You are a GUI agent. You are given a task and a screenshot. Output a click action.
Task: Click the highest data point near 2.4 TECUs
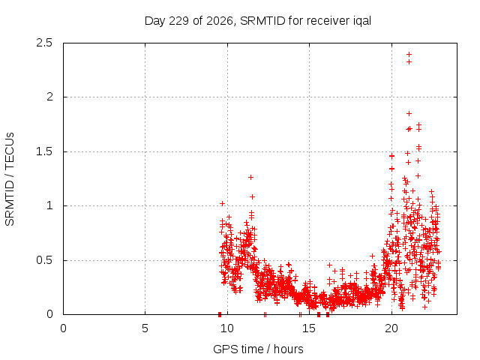coord(409,55)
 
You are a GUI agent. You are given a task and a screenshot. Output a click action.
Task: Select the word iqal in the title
coord(361,22)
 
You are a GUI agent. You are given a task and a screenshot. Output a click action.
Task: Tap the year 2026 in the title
coord(220,21)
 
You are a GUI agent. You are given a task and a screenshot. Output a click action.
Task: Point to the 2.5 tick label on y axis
coord(44,43)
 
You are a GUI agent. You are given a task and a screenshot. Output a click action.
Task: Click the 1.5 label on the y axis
coord(44,151)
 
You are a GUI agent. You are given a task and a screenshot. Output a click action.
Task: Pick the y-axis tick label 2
coord(49,97)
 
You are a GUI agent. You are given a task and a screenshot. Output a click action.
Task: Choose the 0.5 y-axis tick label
coord(44,260)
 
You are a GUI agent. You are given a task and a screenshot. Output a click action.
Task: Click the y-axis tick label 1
coord(49,205)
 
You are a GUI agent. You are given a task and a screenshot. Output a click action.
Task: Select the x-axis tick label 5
coord(145,328)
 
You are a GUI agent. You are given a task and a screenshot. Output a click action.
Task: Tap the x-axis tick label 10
coord(227,328)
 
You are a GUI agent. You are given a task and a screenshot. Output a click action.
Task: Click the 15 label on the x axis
coord(309,328)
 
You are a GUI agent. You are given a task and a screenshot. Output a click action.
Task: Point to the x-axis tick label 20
coord(391,328)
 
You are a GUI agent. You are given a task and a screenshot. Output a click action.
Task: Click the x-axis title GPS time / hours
coord(258,349)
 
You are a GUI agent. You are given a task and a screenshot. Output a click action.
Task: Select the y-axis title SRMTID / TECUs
coord(10,179)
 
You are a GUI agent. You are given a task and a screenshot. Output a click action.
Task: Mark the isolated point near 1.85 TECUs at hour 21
coord(409,113)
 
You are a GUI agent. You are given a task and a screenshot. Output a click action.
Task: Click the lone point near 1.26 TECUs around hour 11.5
coord(250,177)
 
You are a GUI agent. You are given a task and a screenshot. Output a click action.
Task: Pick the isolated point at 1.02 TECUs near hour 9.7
coord(223,203)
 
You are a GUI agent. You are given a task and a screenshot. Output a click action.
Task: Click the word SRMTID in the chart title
coord(262,21)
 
